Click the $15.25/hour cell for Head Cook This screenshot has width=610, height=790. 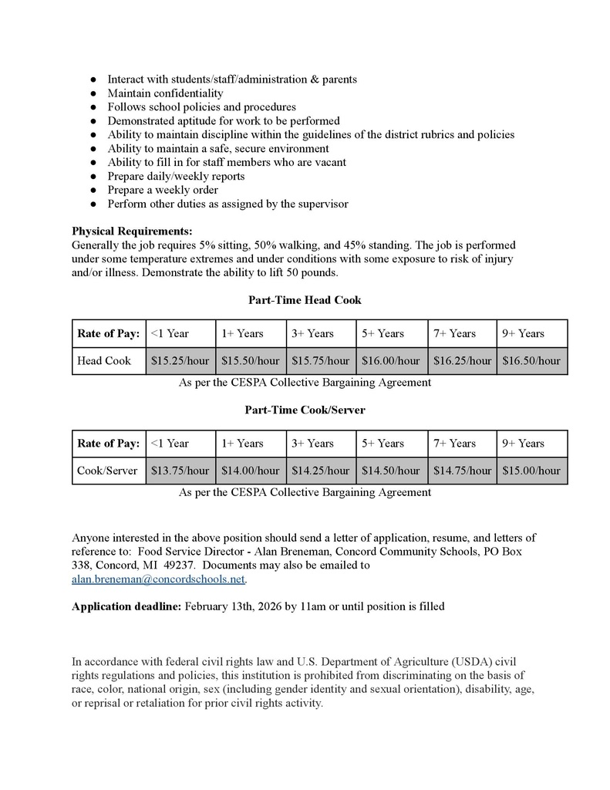[x=180, y=360]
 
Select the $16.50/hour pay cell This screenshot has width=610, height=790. [x=531, y=360]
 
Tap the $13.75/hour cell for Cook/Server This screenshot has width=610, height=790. [x=180, y=470]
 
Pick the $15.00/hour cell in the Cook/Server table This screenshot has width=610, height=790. [x=531, y=470]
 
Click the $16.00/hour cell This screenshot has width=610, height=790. [x=391, y=360]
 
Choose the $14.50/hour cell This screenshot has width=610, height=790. [x=391, y=470]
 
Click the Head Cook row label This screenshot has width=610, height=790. [x=104, y=360]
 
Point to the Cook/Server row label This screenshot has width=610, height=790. [x=107, y=470]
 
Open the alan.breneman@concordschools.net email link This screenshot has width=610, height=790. [x=158, y=579]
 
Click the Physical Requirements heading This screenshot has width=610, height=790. [x=132, y=231]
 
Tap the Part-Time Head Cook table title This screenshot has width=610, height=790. [x=305, y=299]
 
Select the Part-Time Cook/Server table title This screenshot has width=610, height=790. [x=305, y=410]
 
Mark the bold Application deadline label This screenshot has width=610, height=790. [x=126, y=606]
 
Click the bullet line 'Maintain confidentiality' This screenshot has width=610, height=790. [x=165, y=93]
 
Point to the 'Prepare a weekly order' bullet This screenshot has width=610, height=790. [x=163, y=190]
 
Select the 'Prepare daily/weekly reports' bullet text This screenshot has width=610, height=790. [x=176, y=176]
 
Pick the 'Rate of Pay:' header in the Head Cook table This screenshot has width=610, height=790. [x=109, y=333]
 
